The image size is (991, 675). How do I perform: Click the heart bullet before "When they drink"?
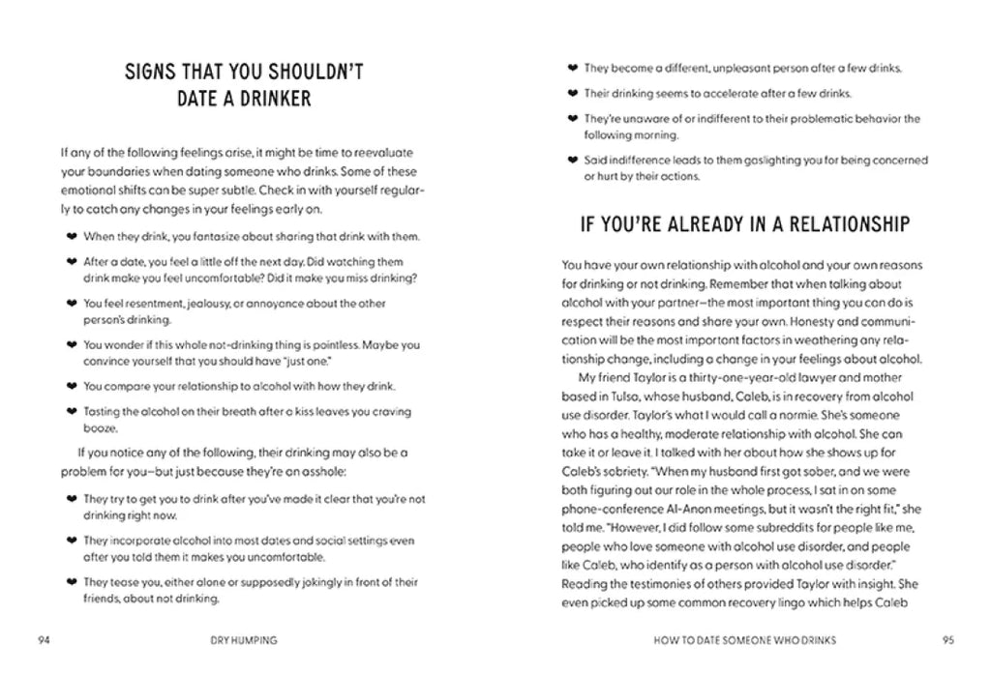pos(70,236)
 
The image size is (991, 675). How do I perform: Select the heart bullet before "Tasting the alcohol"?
pos(70,411)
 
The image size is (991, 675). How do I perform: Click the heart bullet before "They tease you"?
pos(70,582)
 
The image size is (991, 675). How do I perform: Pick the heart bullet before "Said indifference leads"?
pos(572,161)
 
